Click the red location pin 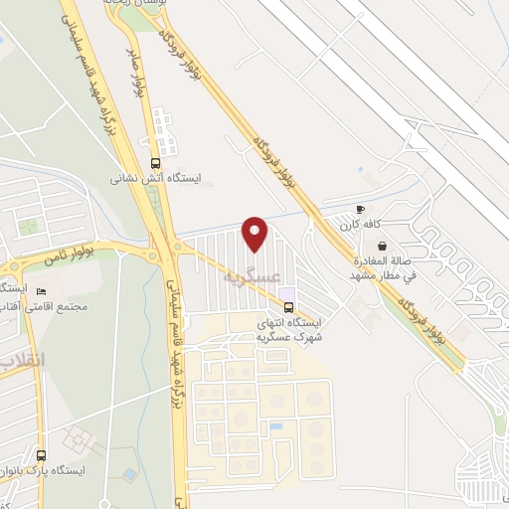tap(255, 233)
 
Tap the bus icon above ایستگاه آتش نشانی tap(154, 163)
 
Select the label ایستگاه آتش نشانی tap(155, 179)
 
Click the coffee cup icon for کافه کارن tap(360, 210)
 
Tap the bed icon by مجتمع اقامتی tap(41, 291)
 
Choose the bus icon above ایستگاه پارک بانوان tap(41, 453)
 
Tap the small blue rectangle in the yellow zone tap(275, 426)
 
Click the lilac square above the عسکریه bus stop tap(287, 292)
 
